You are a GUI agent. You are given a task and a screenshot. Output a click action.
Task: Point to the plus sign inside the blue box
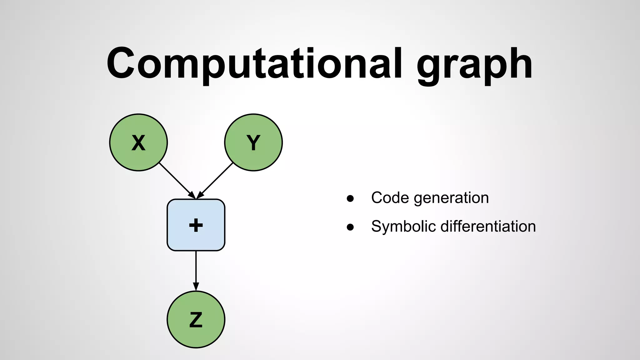(196, 225)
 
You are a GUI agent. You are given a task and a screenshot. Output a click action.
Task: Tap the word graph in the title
(474, 66)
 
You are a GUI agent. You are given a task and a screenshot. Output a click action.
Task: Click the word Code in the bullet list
(390, 198)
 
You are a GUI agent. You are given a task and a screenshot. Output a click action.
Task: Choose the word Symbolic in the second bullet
(403, 227)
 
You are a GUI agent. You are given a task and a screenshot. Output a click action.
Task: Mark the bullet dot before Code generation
(350, 198)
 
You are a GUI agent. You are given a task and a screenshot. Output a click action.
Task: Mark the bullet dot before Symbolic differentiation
(350, 227)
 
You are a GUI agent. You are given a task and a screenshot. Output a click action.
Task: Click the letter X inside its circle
(138, 143)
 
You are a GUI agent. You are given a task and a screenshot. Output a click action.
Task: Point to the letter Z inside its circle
(196, 320)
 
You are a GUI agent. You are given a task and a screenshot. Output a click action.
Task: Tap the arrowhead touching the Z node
(196, 287)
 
